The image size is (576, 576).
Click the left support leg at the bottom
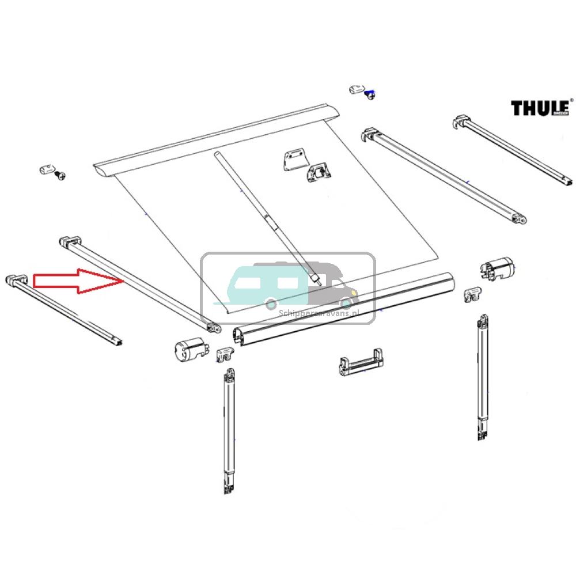click(x=229, y=432)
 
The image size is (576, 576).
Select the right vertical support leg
click(x=483, y=377)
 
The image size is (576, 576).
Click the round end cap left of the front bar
click(x=190, y=349)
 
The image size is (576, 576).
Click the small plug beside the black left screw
click(x=47, y=169)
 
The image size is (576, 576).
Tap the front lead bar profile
click(x=346, y=309)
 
